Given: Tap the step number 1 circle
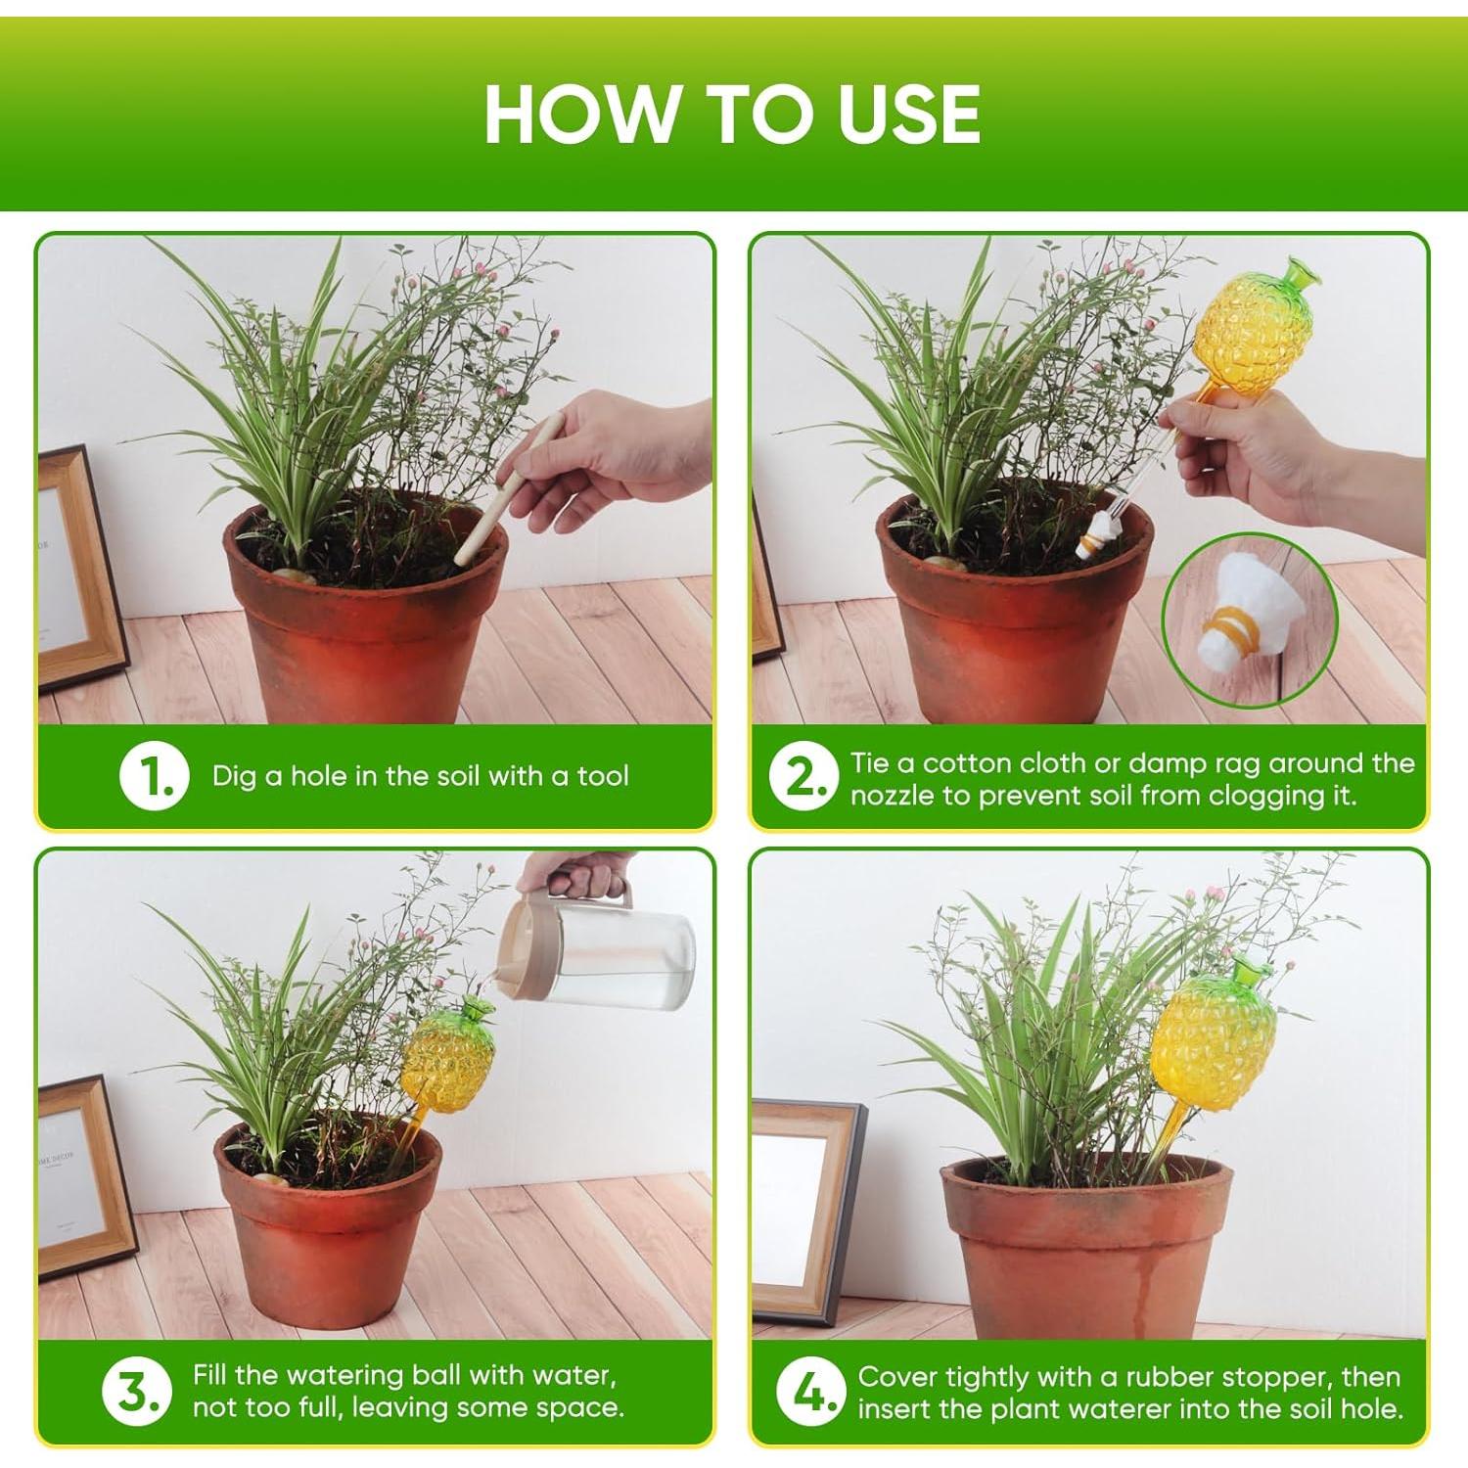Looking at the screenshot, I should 153,776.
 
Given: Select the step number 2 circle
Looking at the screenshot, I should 803,778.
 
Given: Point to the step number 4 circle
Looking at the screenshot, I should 809,1393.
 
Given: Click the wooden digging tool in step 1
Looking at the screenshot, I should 507,489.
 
